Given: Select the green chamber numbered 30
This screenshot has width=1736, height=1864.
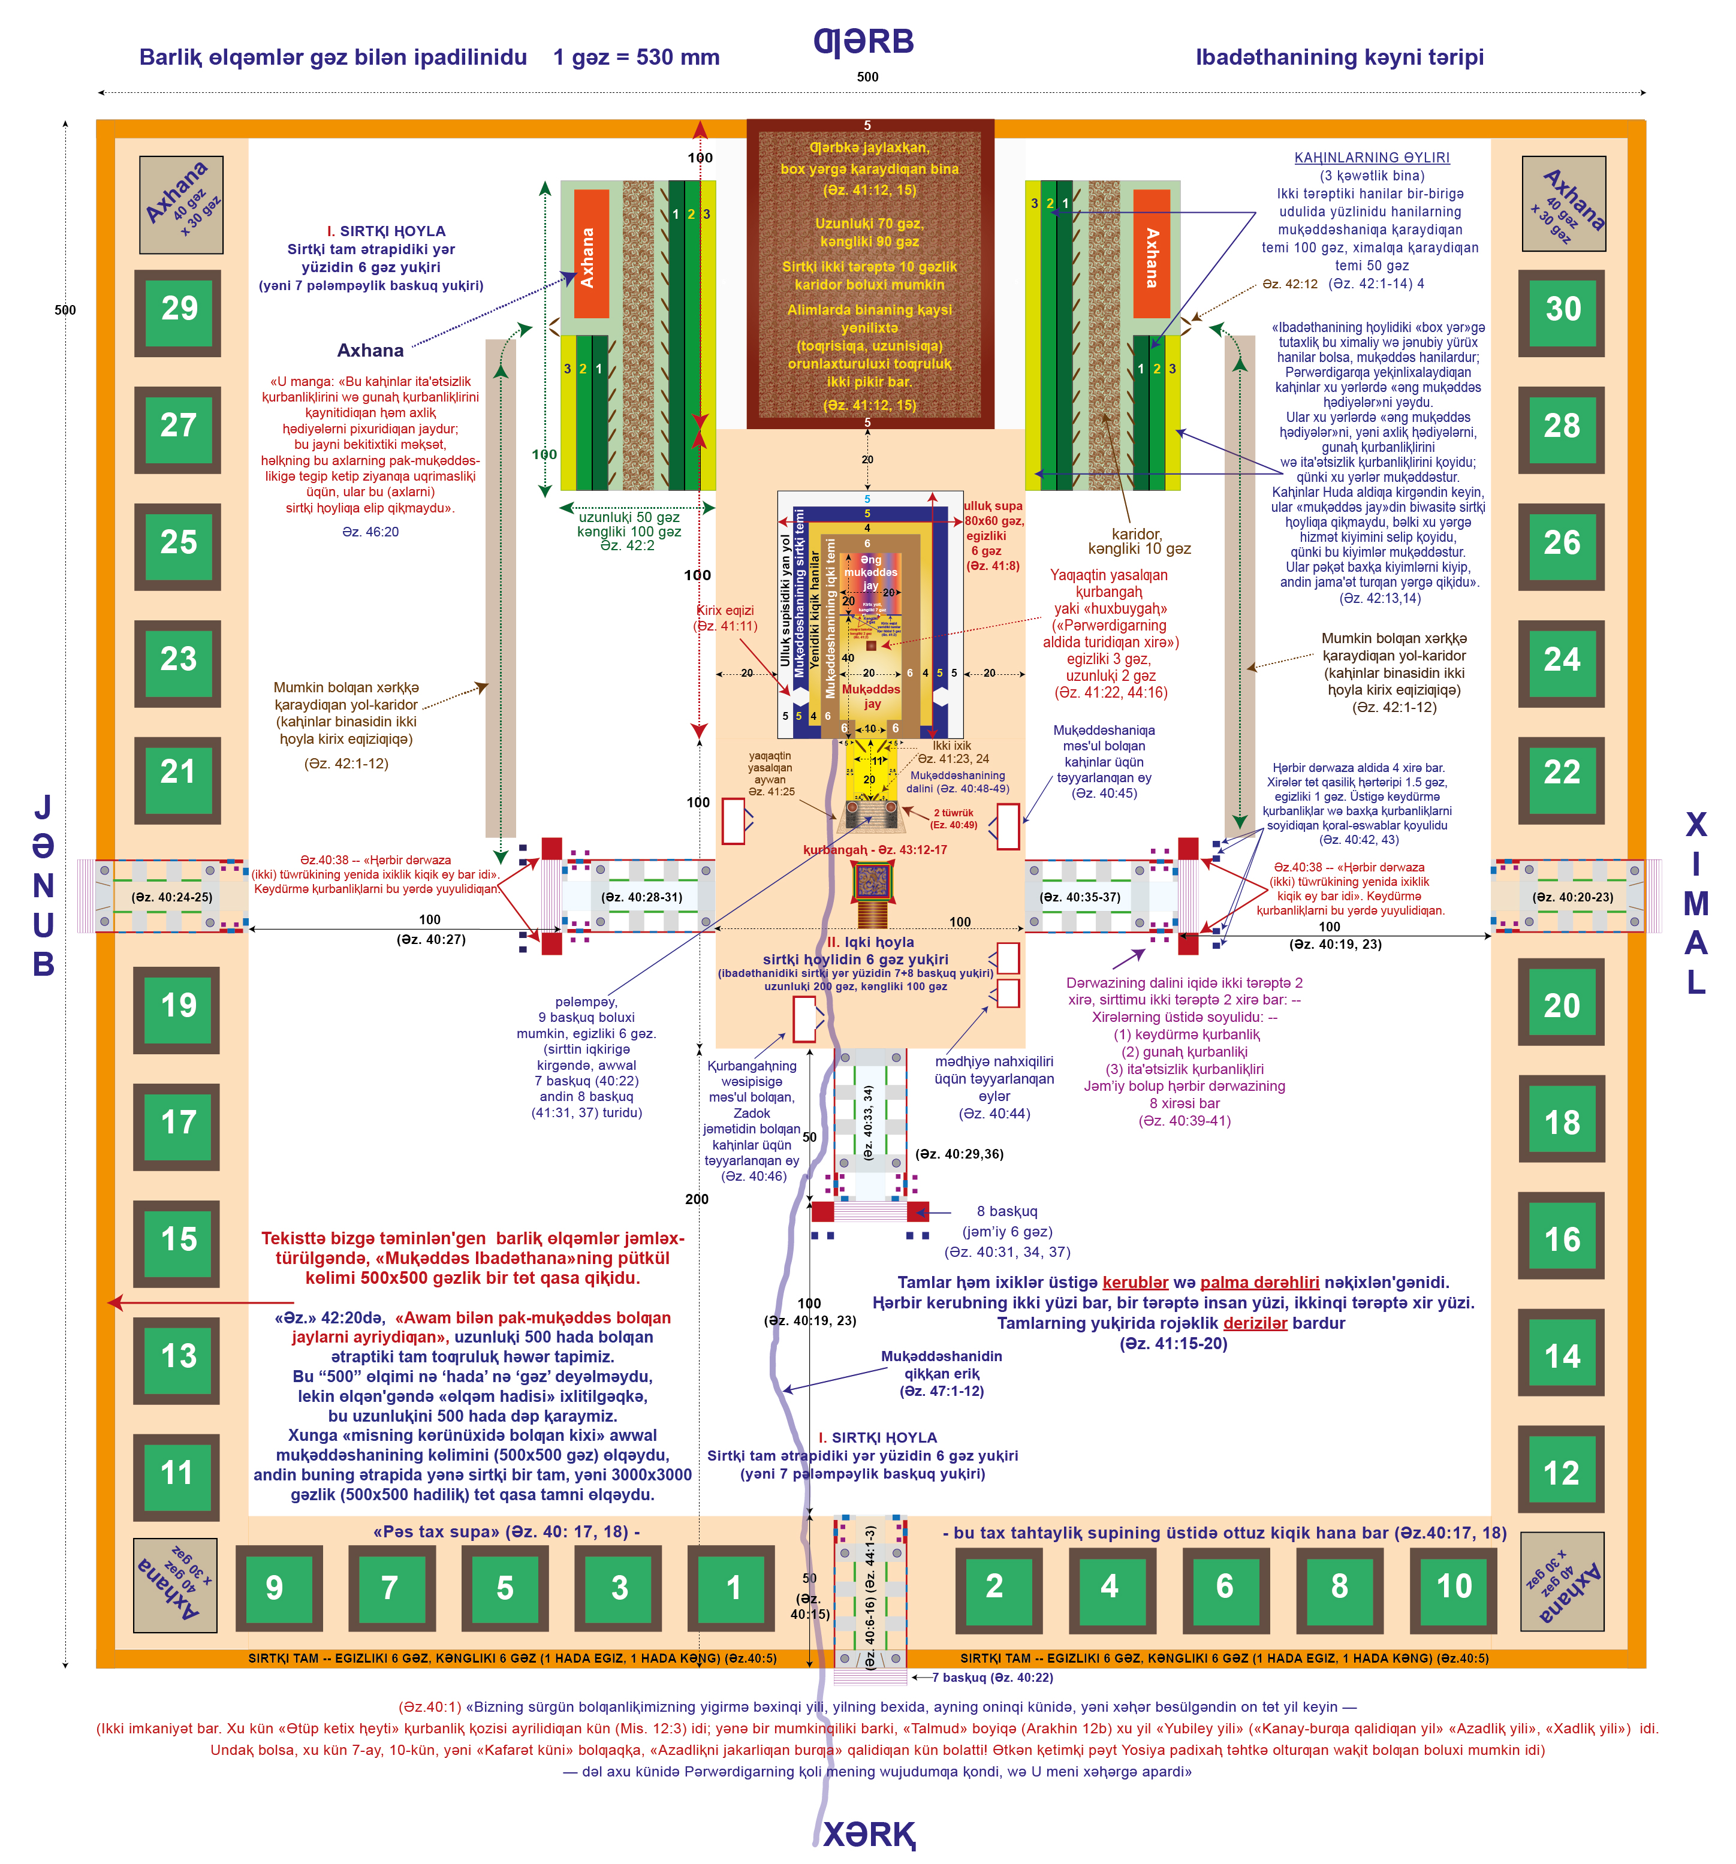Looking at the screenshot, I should (x=1562, y=311).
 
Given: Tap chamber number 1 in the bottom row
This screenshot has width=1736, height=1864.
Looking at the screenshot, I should (x=733, y=1588).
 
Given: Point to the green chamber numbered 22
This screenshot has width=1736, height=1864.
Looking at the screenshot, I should (x=1562, y=774).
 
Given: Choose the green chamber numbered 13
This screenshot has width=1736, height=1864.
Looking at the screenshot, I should (x=178, y=1358).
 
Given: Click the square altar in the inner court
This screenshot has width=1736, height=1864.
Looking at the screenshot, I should (x=871, y=880).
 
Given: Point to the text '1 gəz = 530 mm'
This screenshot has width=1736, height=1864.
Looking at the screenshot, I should (x=636, y=57).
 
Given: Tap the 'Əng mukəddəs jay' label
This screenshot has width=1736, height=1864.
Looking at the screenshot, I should (x=871, y=572).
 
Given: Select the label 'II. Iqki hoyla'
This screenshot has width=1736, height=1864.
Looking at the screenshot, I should (x=870, y=942).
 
